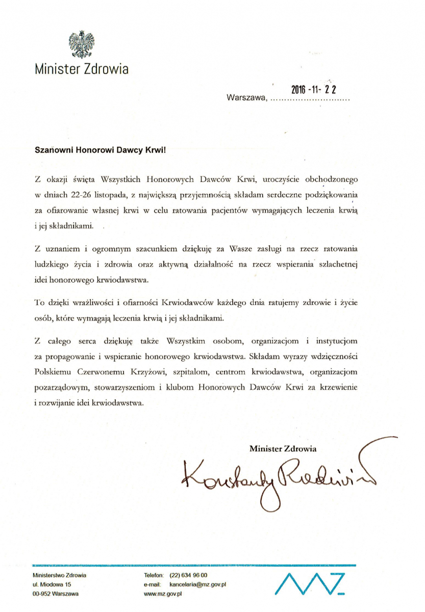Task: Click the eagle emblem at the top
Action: pyautogui.click(x=82, y=44)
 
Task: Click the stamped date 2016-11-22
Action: pyautogui.click(x=314, y=89)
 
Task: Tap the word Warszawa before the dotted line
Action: pyautogui.click(x=246, y=97)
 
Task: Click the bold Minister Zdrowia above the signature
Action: pyautogui.click(x=283, y=448)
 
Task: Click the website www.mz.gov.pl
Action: pyautogui.click(x=163, y=594)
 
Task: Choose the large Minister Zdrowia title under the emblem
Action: pyautogui.click(x=82, y=69)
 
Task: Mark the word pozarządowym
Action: pyautogui.click(x=62, y=387)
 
